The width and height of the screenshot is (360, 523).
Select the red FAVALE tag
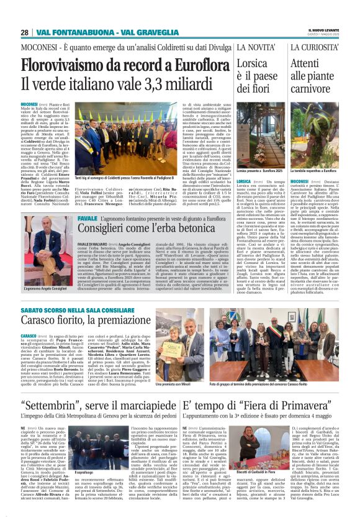click(87, 219)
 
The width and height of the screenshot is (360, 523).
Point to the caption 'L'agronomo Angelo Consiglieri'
click(47, 289)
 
